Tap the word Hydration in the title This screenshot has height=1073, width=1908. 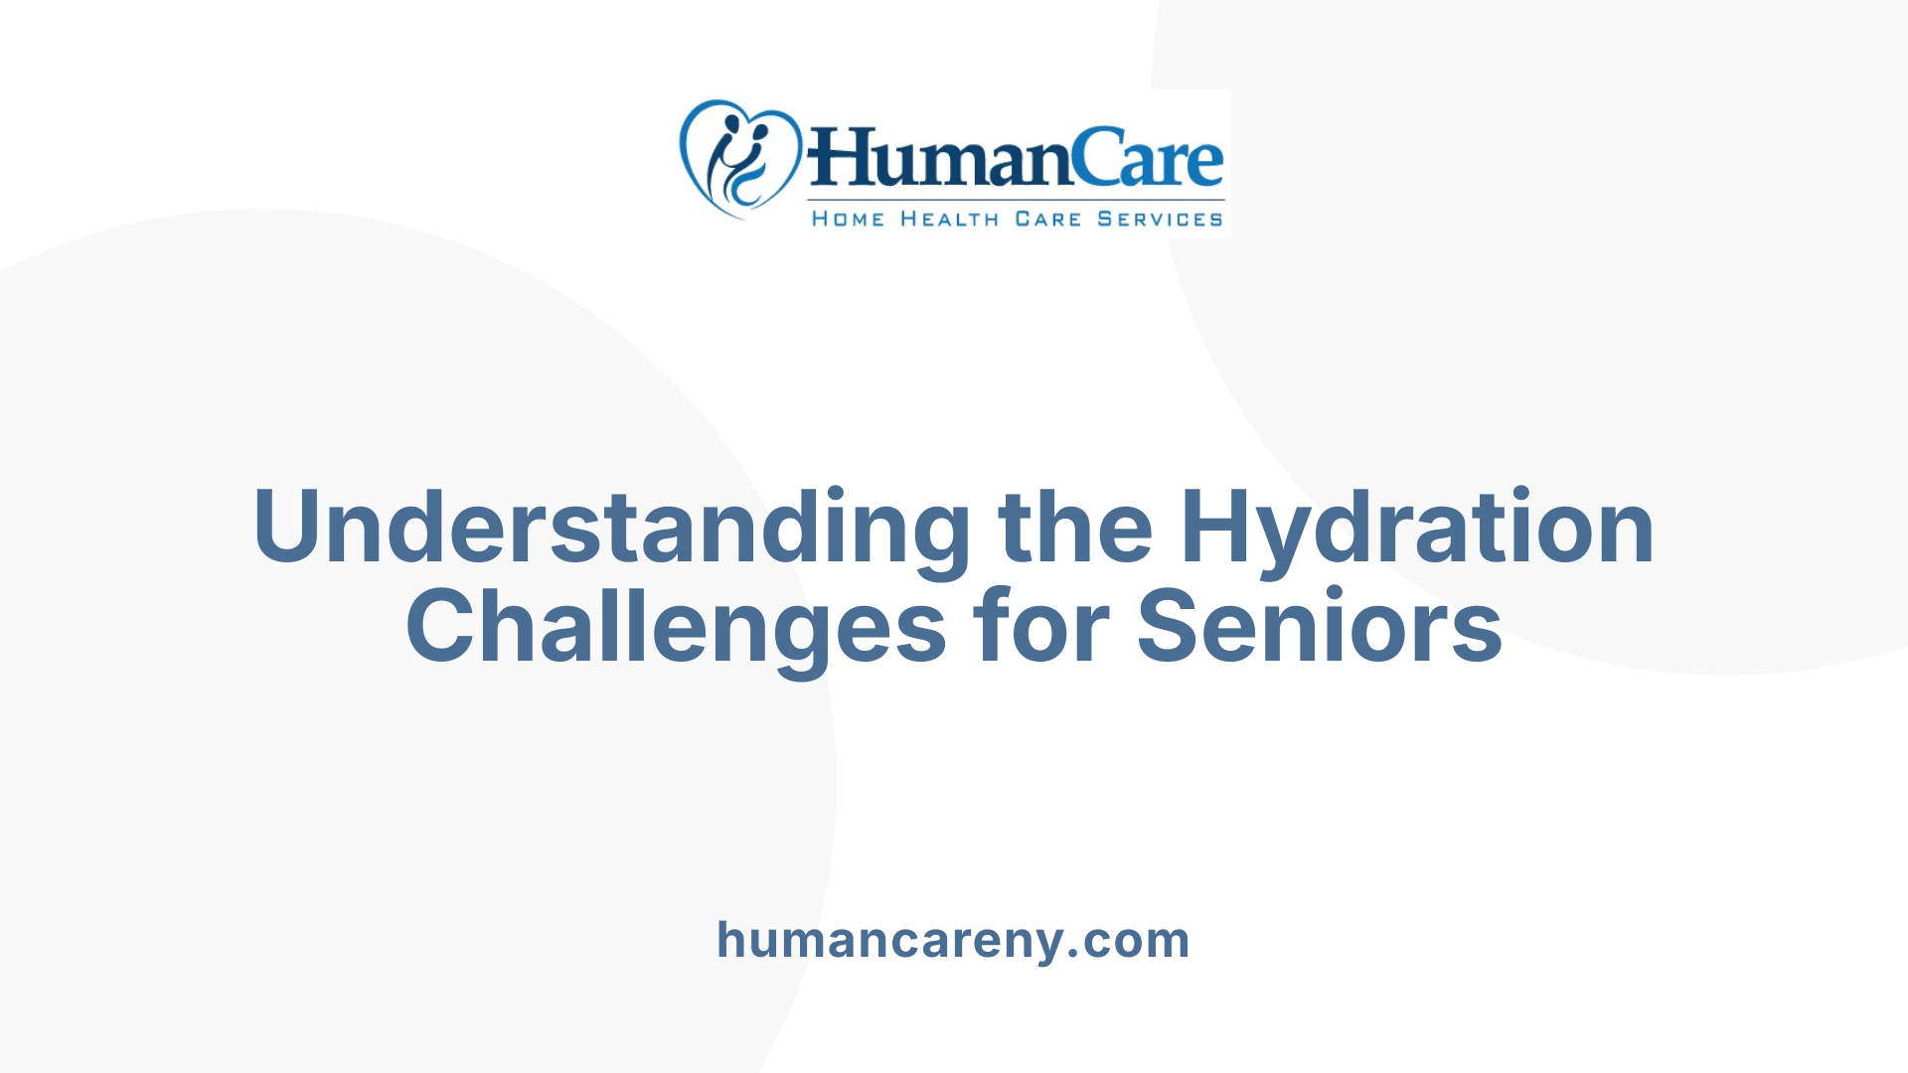click(1417, 527)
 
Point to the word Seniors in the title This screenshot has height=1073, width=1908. click(1319, 626)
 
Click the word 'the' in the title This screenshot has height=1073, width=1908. click(1075, 527)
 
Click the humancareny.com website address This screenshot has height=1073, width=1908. click(953, 940)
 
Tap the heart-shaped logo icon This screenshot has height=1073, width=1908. click(739, 158)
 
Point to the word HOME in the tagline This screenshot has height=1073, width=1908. click(848, 220)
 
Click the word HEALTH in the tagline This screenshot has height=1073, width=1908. click(949, 220)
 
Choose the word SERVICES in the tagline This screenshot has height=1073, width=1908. click(1160, 220)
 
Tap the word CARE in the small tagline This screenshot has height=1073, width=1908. click(1047, 220)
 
